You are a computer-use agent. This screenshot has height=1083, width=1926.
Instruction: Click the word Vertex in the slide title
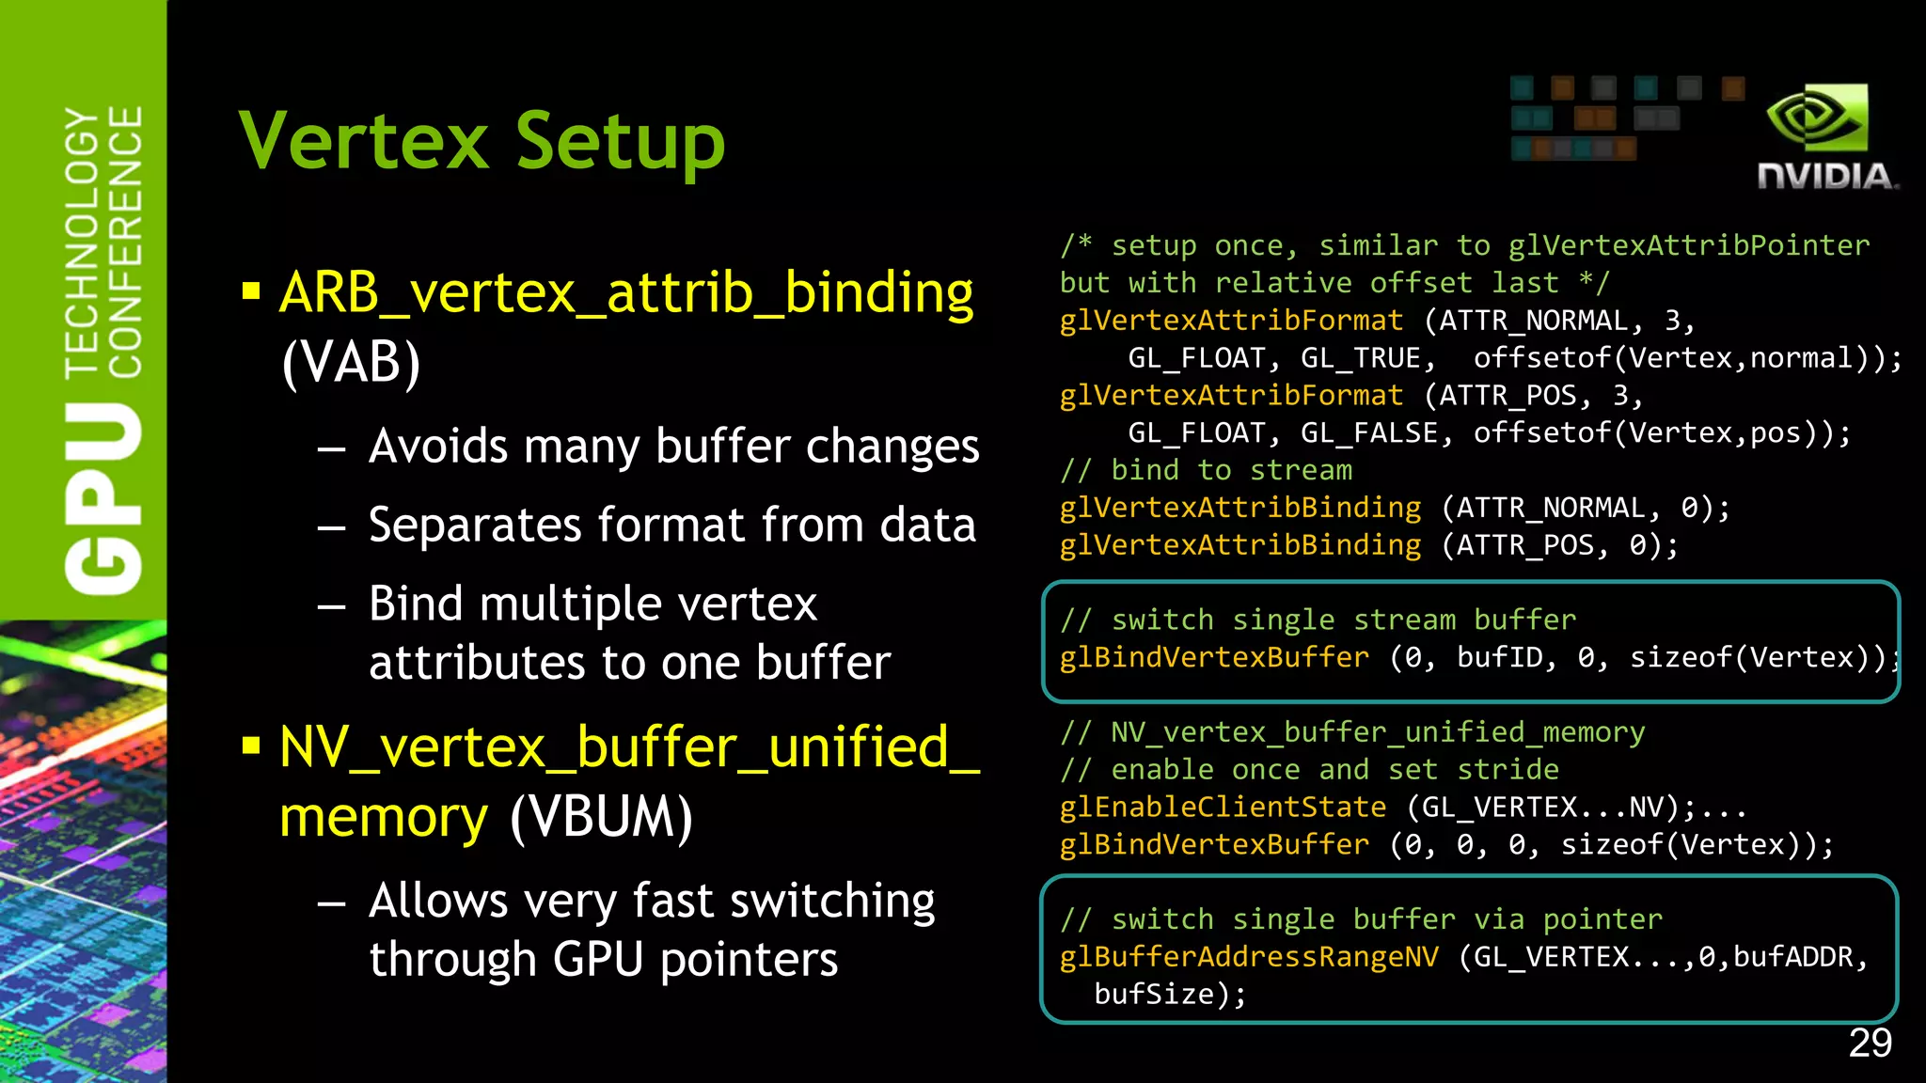(364, 141)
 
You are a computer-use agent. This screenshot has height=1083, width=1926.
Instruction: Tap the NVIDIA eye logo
(1816, 118)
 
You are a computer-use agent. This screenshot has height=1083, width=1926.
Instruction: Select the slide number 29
(1870, 1044)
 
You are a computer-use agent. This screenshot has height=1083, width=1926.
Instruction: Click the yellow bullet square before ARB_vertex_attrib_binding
(251, 291)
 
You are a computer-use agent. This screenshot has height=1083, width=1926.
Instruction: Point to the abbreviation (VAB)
(351, 362)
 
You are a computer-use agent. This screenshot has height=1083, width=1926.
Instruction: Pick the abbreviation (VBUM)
(601, 816)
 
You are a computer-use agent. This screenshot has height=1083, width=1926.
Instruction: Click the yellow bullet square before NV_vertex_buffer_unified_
(251, 746)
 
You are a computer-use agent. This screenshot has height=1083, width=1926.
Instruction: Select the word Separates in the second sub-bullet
(475, 524)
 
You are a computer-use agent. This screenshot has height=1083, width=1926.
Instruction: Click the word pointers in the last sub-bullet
(749, 960)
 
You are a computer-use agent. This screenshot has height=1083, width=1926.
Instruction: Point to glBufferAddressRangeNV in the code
(1249, 957)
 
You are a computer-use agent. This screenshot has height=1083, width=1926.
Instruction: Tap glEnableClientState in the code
(1223, 808)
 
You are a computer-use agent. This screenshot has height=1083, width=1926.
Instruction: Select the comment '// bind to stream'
(1207, 470)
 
